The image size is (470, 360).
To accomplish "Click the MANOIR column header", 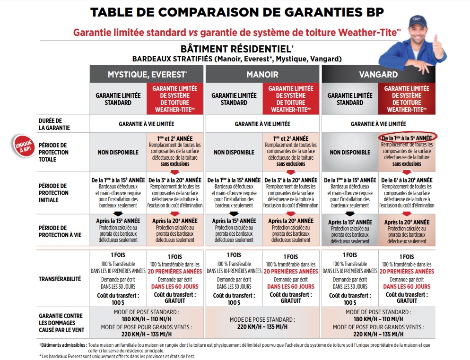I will click(x=262, y=75).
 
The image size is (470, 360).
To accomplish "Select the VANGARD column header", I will click(x=378, y=75).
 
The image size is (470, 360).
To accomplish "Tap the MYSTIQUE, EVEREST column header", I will click(x=147, y=75).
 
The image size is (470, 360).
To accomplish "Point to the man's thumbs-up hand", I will click(x=437, y=46).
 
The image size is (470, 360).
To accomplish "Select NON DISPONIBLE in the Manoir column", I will click(x=234, y=152).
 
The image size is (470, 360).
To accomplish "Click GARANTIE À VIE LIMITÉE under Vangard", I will click(x=378, y=124).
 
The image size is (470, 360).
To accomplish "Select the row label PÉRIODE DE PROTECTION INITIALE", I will click(x=53, y=193).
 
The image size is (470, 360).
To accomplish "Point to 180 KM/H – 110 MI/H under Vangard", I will click(x=378, y=319).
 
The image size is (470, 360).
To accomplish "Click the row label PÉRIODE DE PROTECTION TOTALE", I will click(x=53, y=152).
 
